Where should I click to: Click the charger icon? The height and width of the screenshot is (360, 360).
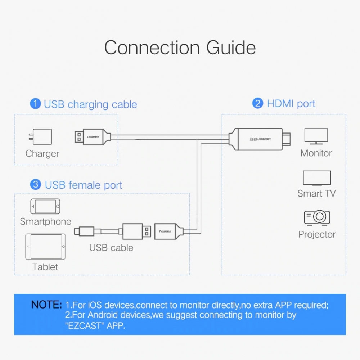point(40,136)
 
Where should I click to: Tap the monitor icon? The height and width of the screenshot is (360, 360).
point(316,136)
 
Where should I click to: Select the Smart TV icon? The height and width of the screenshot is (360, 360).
point(317,178)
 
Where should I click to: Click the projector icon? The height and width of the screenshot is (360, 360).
point(317,217)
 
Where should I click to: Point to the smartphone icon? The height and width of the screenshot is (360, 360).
point(45,206)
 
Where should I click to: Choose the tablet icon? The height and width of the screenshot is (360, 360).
point(45,247)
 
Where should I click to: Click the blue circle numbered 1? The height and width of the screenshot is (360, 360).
point(35,104)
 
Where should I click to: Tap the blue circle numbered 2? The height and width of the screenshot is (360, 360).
point(258,103)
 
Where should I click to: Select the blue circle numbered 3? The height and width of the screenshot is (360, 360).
point(36,184)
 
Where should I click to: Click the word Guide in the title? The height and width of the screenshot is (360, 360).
point(231,48)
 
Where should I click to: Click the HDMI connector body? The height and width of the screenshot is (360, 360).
point(260,139)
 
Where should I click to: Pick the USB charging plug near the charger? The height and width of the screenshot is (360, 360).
point(93,137)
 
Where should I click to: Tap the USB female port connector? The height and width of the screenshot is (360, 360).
point(169,231)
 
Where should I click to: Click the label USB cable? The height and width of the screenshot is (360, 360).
point(111,248)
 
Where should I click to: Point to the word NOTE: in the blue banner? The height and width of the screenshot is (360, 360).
point(46,305)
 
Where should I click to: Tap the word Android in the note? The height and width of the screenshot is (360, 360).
point(102,315)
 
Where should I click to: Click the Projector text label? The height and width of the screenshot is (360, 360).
point(317,235)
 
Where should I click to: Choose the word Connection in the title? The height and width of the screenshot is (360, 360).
point(152,48)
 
